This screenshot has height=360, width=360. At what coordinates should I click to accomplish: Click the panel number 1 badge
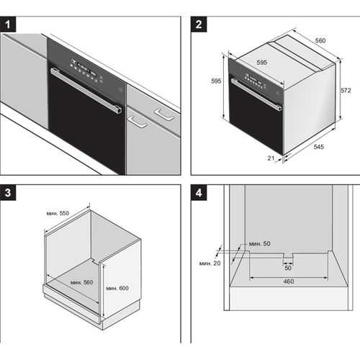[8, 24]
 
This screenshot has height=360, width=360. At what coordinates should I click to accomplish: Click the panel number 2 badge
[199, 24]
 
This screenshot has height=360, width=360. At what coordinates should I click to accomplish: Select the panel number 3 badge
[8, 193]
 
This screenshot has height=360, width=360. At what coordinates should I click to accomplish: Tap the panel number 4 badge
[199, 193]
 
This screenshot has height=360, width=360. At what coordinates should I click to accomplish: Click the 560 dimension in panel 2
[320, 40]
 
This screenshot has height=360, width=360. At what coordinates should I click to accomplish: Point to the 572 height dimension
[346, 90]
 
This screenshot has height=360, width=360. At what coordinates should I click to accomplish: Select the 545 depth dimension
[319, 146]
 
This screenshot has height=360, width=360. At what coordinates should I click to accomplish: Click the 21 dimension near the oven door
[271, 158]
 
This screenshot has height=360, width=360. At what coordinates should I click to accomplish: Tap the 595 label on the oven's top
[261, 63]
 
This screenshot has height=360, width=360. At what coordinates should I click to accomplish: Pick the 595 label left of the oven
[216, 81]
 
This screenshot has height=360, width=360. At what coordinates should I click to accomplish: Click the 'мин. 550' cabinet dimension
[58, 213]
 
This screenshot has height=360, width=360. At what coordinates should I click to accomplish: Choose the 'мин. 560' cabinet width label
[81, 282]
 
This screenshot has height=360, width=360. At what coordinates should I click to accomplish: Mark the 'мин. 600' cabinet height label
[117, 288]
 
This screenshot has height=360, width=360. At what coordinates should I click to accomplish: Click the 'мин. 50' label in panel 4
[259, 243]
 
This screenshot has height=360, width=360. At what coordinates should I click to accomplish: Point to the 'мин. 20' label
[210, 264]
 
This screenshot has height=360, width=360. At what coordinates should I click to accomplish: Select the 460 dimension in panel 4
[289, 282]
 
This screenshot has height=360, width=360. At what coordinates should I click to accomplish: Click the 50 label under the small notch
[288, 268]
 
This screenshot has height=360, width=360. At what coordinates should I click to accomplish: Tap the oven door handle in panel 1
[86, 90]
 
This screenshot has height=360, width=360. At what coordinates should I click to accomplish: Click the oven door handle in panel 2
[256, 94]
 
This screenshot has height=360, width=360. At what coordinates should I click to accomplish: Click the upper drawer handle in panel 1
[165, 114]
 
